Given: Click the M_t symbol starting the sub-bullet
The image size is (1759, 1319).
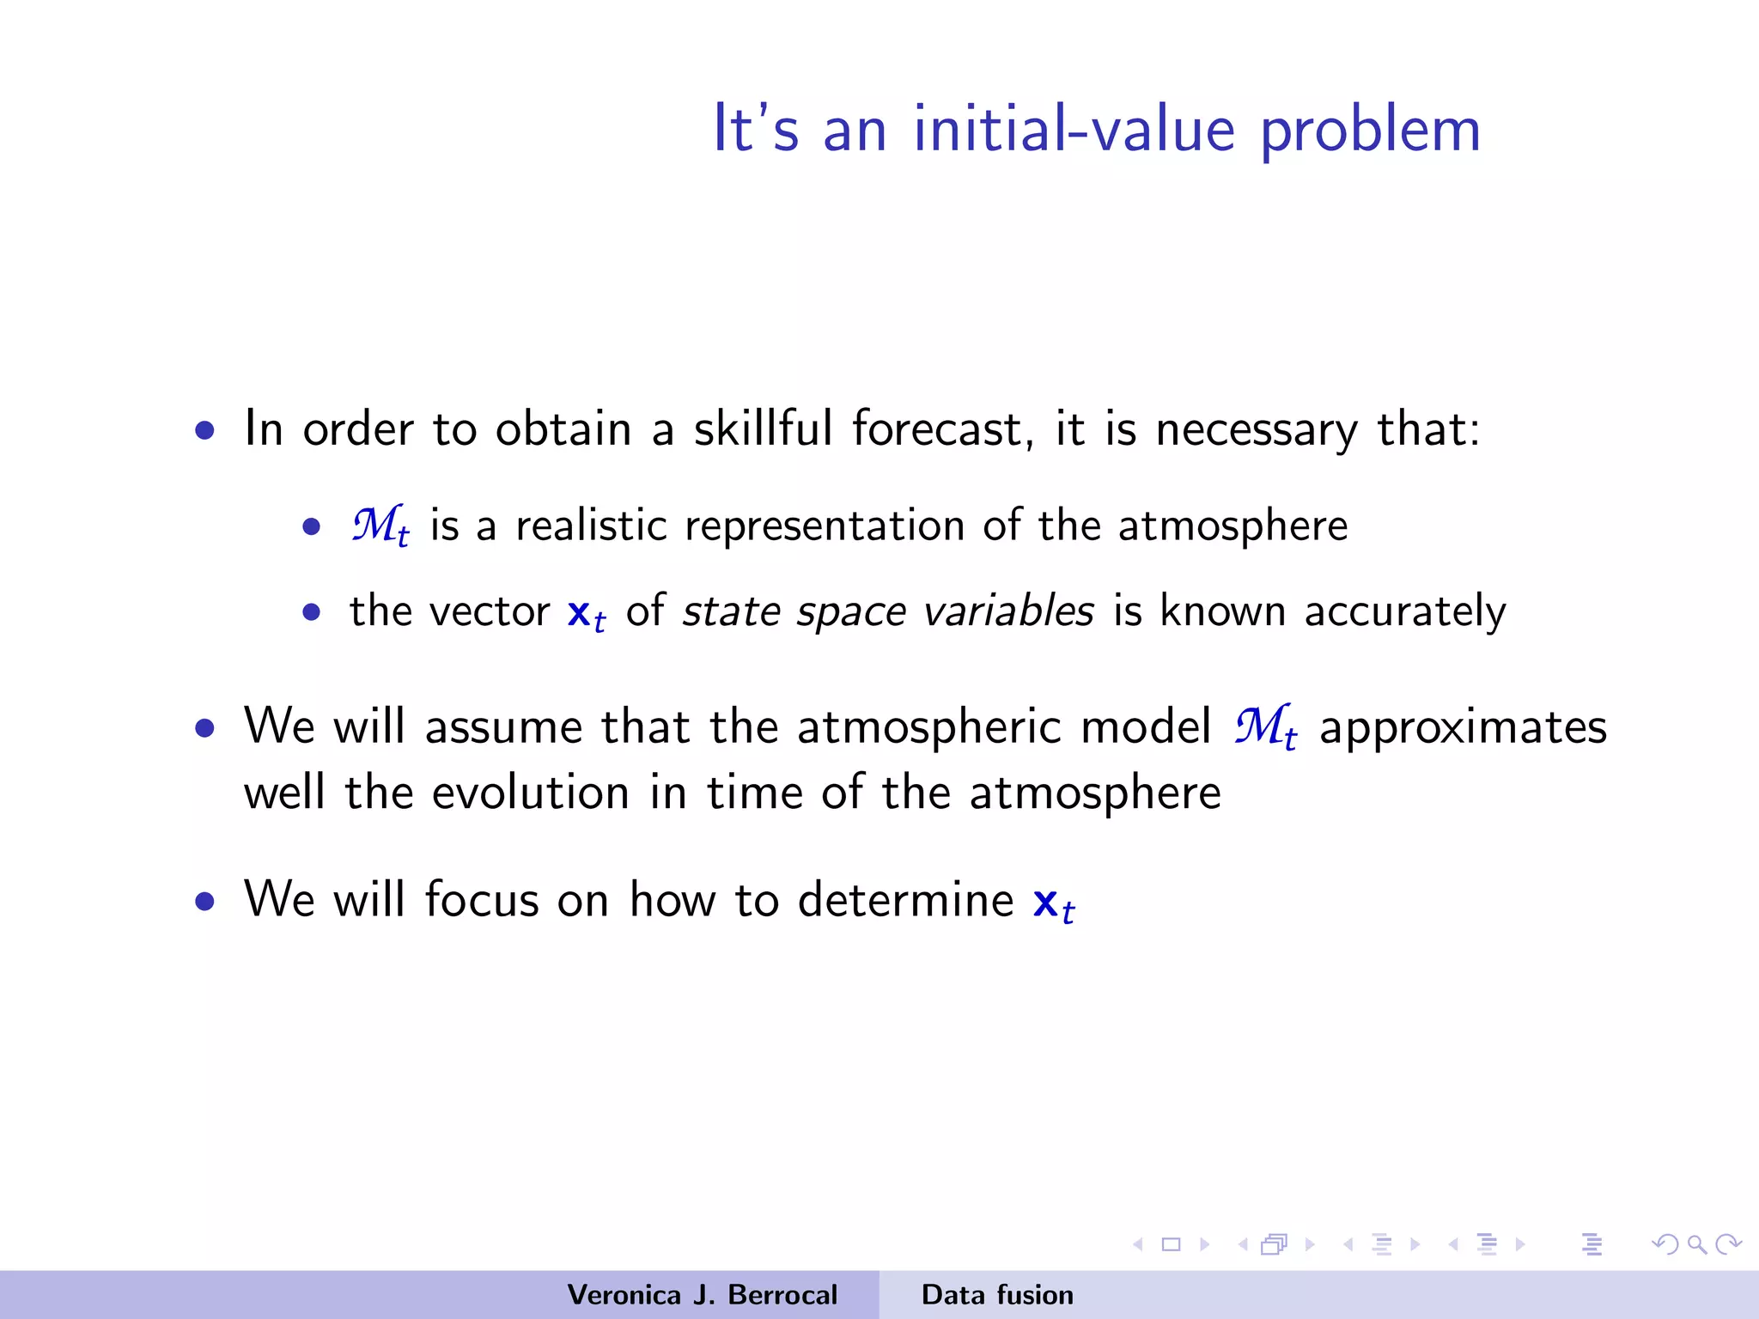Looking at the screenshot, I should click(380, 526).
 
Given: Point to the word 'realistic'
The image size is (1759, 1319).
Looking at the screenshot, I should click(591, 526).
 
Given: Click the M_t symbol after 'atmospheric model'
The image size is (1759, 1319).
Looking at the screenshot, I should click(1265, 727).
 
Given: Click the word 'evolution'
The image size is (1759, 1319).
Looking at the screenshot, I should click(530, 792).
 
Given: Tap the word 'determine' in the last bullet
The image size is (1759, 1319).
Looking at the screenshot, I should click(905, 900).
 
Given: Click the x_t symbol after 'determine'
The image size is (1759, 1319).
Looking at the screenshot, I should click(1053, 903).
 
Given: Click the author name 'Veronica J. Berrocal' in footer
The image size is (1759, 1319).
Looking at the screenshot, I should click(702, 1295).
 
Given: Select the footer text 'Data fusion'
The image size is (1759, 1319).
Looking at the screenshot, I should click(996, 1295).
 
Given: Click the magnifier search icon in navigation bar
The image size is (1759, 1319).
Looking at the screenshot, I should click(1696, 1244).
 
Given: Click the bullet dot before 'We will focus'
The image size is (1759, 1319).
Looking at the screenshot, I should click(204, 902).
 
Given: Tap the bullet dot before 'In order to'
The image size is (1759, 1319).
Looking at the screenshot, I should click(204, 430).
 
